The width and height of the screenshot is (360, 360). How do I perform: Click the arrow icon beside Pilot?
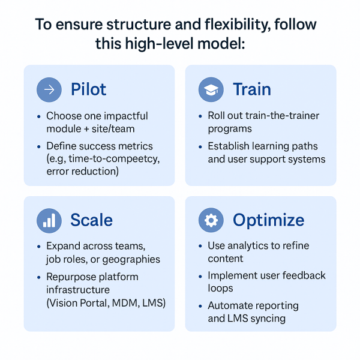[x=49, y=90]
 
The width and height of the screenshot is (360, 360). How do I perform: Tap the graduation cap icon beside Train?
[x=211, y=90]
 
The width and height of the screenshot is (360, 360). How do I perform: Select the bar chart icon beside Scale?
[x=49, y=221]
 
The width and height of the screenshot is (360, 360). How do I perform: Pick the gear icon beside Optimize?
[x=211, y=221]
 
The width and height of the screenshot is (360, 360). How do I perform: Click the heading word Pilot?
[x=88, y=90]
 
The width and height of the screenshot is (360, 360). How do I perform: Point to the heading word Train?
[x=252, y=90]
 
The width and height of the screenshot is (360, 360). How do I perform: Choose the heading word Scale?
[x=91, y=221]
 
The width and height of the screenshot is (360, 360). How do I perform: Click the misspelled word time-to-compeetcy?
[x=110, y=159]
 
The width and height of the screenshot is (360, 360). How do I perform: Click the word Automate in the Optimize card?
[x=230, y=305]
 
